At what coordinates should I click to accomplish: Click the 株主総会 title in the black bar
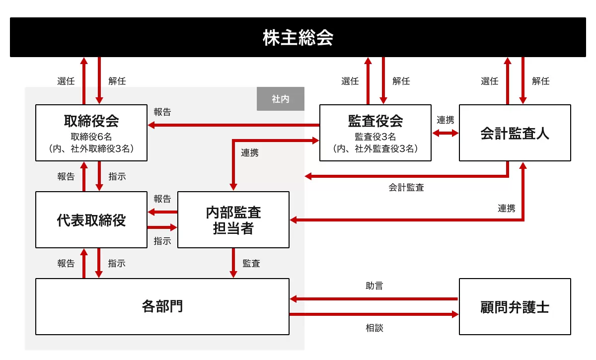pos(298,38)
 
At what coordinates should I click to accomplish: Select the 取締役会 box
pos(91,133)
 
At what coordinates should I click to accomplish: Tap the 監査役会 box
pos(375,133)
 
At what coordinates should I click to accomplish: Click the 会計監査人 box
pos(515,133)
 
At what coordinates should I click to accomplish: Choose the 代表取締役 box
pos(91,219)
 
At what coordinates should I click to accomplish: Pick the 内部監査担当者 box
pos(233,219)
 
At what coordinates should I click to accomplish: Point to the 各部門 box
pos(162,306)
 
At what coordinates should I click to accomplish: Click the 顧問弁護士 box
pos(515,306)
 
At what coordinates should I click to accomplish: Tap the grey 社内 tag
pos(280,99)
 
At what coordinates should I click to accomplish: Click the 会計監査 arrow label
pos(406,188)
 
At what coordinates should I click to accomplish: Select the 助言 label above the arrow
pos(374,286)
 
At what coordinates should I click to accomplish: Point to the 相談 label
pos(374,328)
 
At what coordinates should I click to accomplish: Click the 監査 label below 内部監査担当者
pos(251,263)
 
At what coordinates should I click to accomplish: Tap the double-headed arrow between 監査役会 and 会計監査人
pos(445,133)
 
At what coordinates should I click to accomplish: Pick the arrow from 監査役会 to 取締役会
pos(233,125)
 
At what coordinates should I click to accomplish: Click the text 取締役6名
pos(91,137)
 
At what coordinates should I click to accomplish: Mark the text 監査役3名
pos(375,137)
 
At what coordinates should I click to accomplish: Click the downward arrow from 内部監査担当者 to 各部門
pos(233,263)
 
